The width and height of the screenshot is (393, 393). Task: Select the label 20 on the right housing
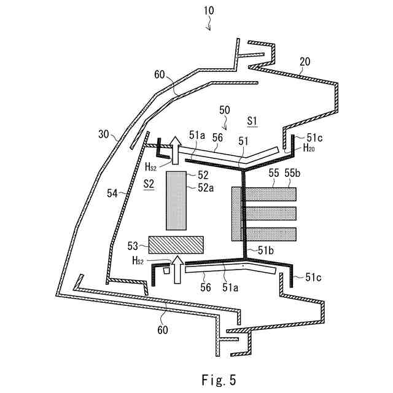(305, 62)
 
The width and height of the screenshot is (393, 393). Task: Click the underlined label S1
(252, 121)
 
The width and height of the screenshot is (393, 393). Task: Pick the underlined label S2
(149, 184)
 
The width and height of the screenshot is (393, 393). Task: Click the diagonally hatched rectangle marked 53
(176, 245)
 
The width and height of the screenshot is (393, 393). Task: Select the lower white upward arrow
(177, 269)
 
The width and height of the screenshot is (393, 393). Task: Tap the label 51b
(265, 251)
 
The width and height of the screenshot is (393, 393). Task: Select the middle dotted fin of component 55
(270, 213)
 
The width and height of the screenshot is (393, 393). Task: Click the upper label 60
(160, 76)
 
